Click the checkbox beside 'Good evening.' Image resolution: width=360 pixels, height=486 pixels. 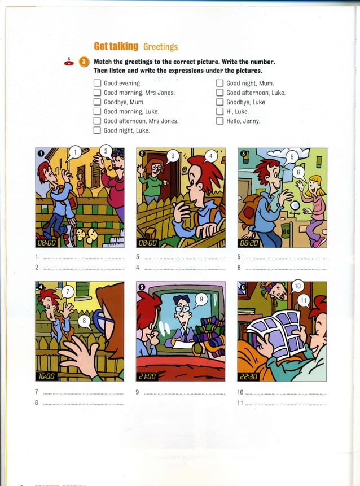97,83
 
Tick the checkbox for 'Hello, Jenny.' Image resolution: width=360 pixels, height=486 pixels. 219,121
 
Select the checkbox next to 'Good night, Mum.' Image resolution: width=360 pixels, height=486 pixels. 219,83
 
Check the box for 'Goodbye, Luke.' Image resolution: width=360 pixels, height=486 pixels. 219,102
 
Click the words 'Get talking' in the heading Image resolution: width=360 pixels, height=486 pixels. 116,46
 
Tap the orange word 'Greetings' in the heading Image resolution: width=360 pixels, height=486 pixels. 161,47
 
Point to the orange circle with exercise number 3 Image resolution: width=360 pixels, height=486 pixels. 84,62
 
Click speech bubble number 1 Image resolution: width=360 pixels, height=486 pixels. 74,152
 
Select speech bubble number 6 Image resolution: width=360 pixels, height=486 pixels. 299,171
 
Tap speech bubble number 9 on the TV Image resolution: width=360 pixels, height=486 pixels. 200,299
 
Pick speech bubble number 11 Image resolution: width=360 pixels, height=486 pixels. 303,300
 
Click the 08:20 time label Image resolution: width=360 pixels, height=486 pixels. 250,242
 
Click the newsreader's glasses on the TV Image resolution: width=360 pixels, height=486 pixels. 181,309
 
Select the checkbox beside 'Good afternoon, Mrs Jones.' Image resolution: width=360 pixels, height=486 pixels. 97,121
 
